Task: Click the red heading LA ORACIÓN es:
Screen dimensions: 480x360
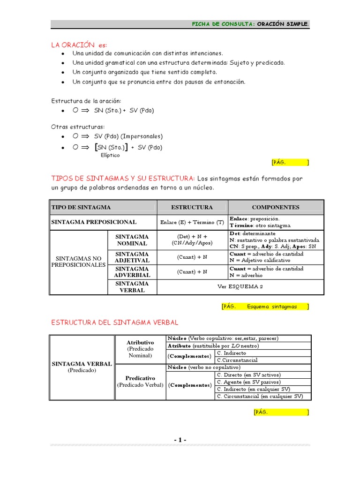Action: (79, 45)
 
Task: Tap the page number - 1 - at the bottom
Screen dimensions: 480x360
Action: (180, 440)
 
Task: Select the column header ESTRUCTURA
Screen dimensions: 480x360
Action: (192, 207)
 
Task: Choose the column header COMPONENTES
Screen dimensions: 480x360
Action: (276, 207)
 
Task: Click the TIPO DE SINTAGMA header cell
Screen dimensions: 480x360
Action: (81, 207)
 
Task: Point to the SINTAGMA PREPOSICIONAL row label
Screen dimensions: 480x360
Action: (94, 222)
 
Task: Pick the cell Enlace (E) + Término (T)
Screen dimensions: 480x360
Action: (192, 222)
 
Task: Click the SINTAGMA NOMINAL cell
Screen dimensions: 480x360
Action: (132, 240)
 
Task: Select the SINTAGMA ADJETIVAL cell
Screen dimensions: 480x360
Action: (132, 257)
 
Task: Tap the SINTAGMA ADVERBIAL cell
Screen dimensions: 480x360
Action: (132, 272)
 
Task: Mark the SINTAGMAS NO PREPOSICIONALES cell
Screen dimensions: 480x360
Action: (79, 262)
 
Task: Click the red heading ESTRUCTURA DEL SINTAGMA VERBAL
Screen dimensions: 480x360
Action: (114, 322)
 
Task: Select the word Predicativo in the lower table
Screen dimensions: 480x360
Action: (140, 378)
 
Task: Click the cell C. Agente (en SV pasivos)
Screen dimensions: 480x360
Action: (248, 382)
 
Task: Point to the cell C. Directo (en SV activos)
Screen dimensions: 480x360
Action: (248, 375)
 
